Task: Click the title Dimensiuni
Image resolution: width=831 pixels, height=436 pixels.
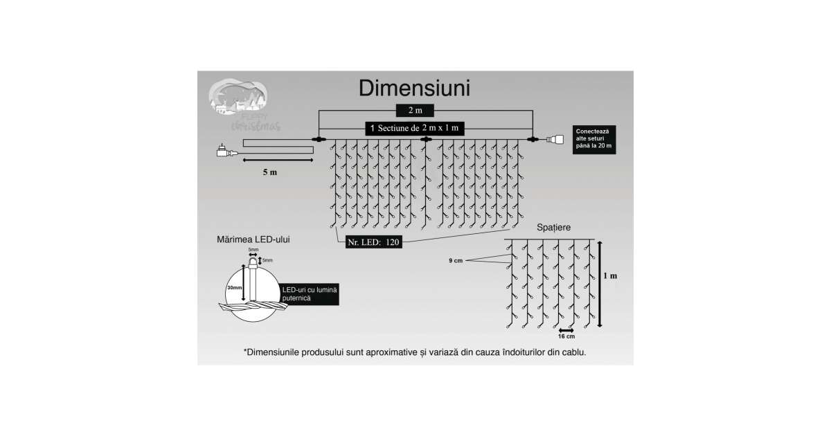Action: [415, 89]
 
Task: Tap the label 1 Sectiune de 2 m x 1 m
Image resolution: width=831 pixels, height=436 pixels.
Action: [415, 129]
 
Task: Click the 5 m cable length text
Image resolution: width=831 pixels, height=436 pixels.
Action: [269, 172]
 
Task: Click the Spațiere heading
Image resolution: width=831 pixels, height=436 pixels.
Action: [554, 227]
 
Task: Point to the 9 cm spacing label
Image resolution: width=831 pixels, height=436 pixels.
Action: [455, 260]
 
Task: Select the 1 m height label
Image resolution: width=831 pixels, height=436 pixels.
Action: [609, 275]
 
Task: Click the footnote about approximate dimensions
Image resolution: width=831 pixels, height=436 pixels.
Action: [415, 352]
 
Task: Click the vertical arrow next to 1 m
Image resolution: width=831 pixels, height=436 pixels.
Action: [599, 282]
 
